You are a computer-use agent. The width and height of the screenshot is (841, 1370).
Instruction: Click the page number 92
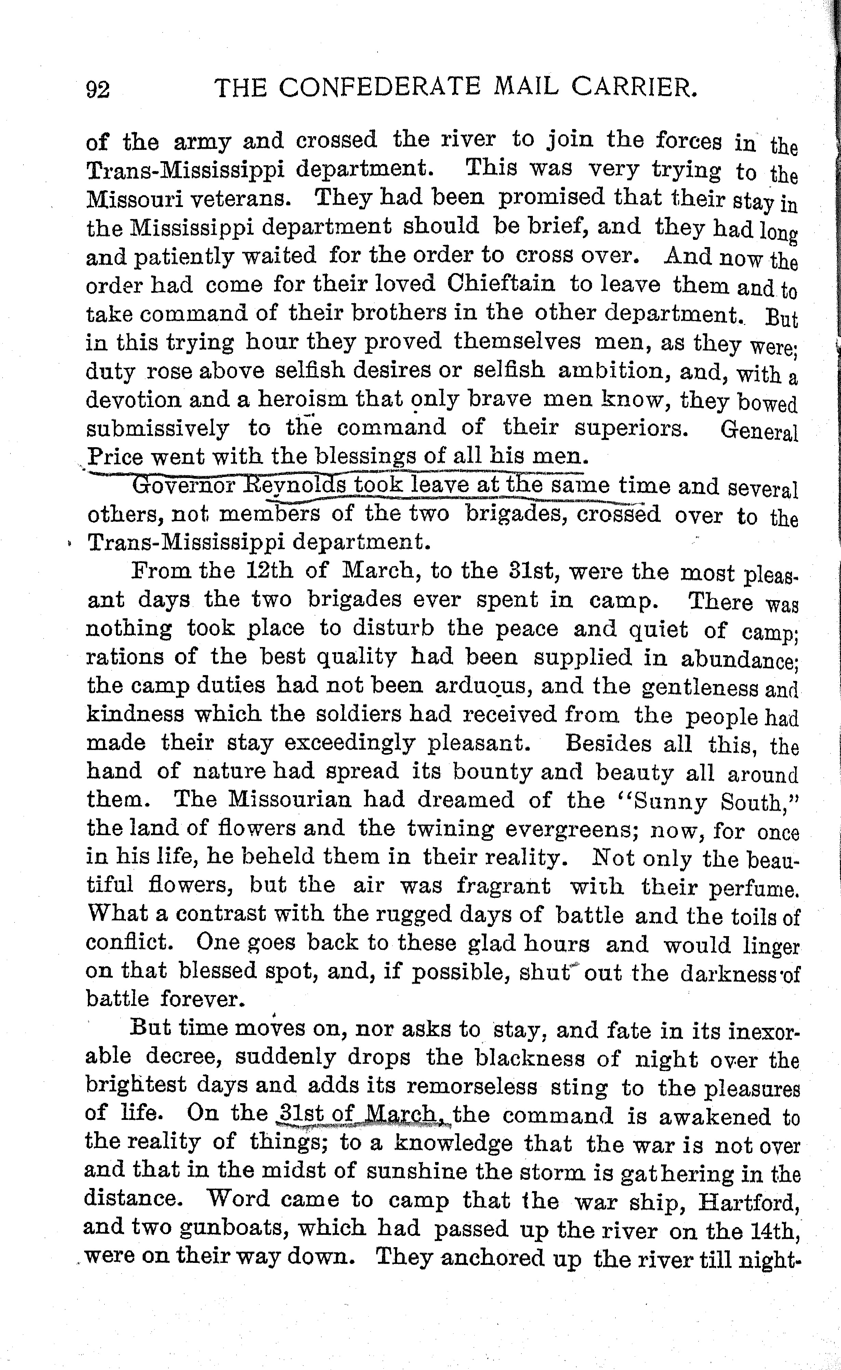[98, 89]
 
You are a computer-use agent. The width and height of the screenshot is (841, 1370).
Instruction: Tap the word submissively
[157, 428]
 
